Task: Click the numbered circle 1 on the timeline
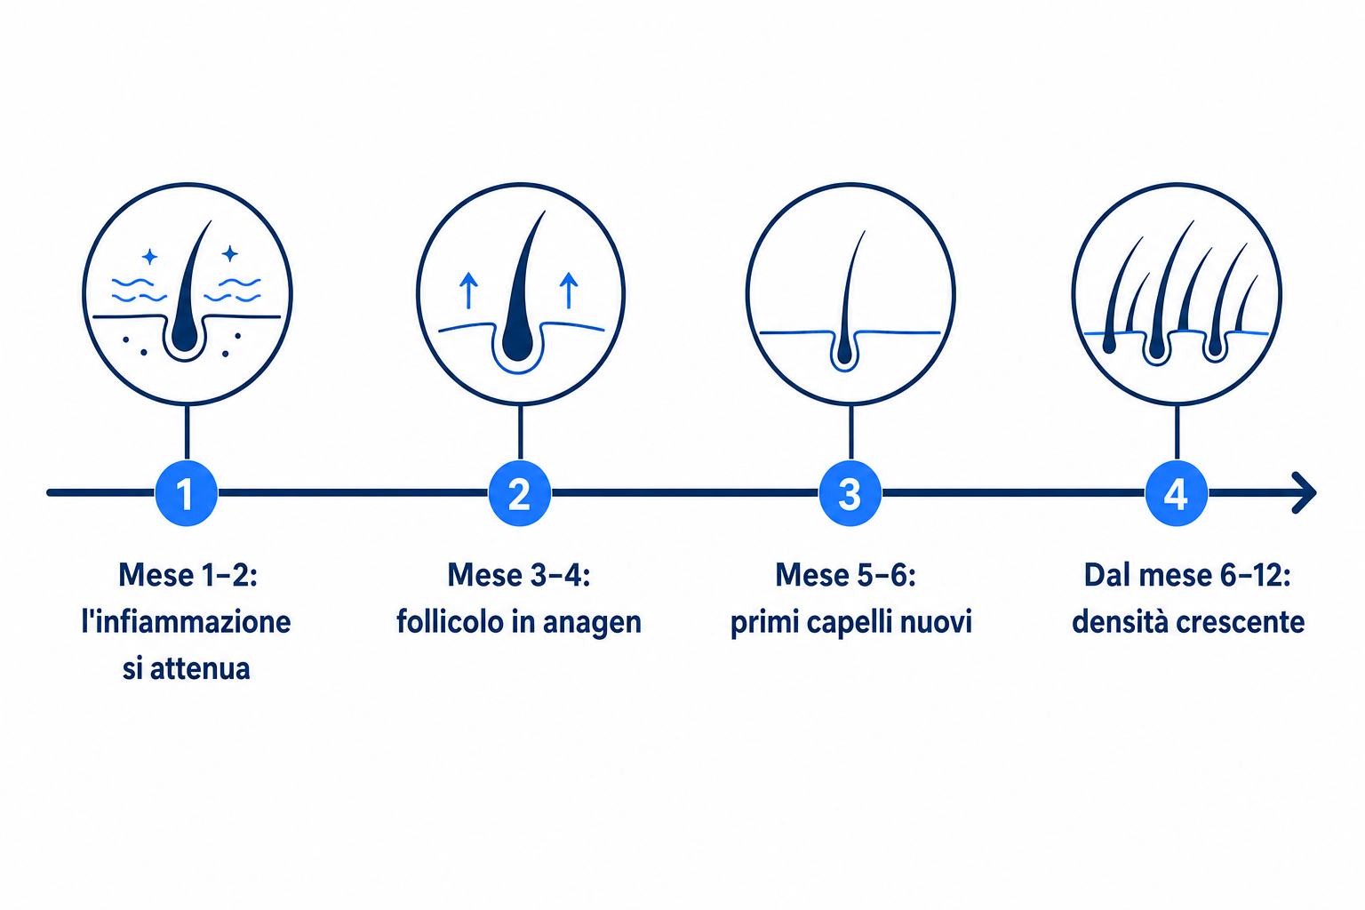187,493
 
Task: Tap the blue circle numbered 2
520,493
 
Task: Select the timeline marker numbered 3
850,493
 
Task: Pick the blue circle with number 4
1176,493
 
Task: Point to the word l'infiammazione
186,622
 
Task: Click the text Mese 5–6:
845,575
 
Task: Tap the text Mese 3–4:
519,575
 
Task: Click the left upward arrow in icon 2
468,290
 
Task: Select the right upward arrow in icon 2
569,290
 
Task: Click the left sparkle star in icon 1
149,257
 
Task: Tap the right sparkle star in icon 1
230,253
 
